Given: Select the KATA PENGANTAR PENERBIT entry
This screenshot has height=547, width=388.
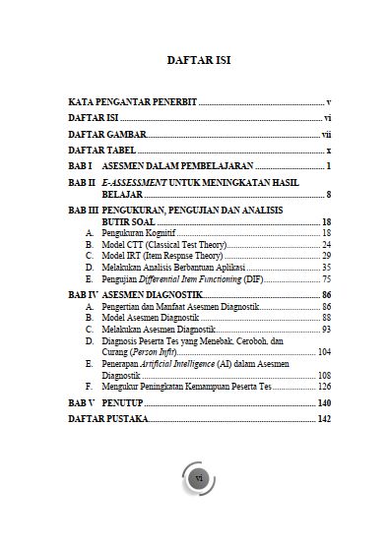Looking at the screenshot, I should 132,102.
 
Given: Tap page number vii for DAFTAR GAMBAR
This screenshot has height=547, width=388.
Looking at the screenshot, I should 326,134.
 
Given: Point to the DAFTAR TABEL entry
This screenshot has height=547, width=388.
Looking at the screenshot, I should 100,150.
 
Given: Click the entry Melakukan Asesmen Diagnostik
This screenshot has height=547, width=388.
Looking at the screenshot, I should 163,330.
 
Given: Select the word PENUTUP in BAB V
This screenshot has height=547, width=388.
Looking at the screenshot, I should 125,403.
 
